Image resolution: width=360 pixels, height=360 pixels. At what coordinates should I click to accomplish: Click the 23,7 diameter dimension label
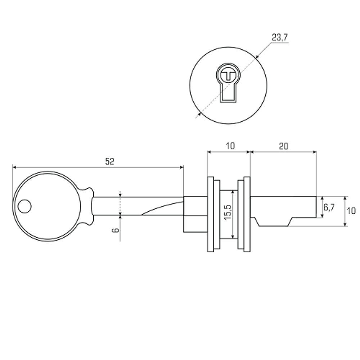click(x=280, y=37)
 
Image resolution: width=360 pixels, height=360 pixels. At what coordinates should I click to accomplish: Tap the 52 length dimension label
click(x=109, y=162)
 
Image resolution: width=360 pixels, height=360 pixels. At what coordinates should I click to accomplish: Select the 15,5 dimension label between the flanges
click(x=228, y=212)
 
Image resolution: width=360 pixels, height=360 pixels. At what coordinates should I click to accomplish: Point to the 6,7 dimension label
click(x=329, y=207)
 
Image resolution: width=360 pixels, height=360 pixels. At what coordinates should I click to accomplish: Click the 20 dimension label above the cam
click(x=284, y=146)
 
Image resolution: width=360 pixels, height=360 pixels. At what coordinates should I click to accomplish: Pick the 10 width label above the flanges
click(x=230, y=146)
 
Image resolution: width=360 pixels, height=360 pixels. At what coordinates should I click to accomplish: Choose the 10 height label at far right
click(x=351, y=211)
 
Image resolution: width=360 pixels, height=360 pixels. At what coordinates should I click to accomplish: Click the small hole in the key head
click(x=24, y=206)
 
